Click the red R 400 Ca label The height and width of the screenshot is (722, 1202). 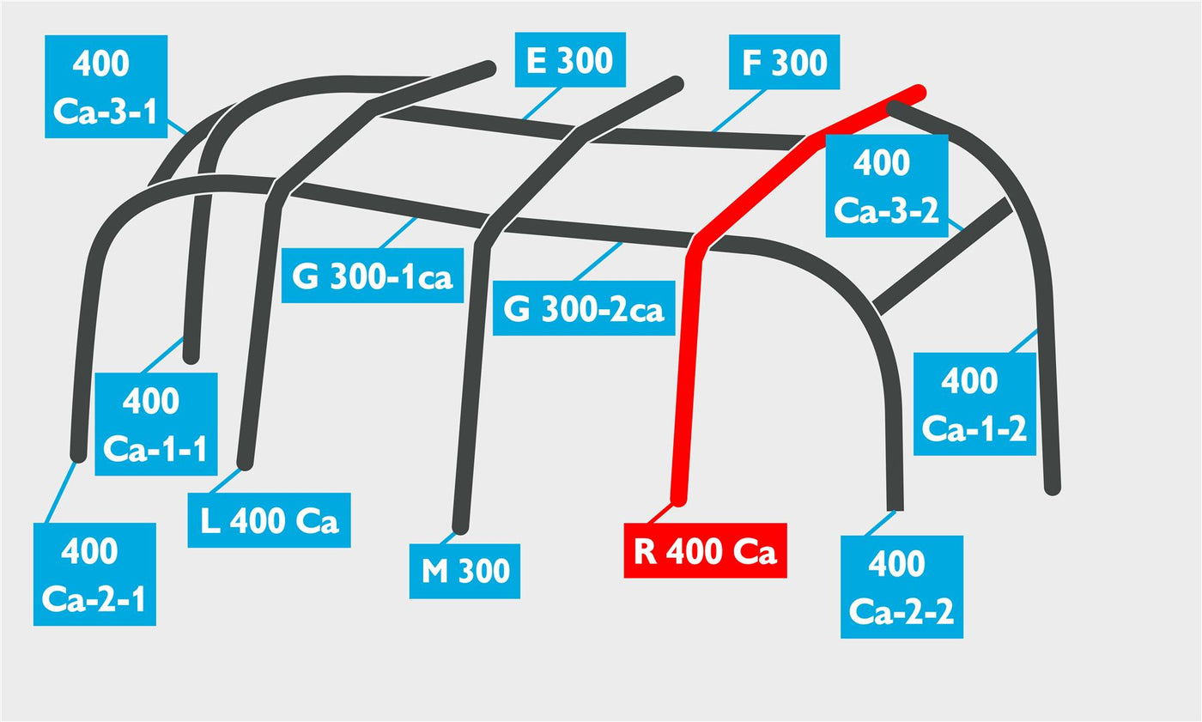coord(705,550)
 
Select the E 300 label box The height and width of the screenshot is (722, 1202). coord(570,59)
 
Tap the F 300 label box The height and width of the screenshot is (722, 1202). coord(784,62)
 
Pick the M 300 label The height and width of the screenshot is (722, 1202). coord(464,571)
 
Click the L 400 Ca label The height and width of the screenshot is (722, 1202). coord(269,520)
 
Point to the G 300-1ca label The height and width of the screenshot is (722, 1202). coord(373,276)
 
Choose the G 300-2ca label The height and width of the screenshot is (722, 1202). coord(584,308)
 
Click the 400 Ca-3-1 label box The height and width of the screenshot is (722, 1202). coord(106,87)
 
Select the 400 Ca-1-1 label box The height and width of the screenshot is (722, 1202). coord(156,424)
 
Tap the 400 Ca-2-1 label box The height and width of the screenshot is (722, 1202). coord(94,574)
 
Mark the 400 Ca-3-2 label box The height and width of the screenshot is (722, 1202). coord(886,185)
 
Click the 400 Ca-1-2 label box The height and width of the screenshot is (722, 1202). coord(974,403)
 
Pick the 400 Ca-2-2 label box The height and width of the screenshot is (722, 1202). coord(901,587)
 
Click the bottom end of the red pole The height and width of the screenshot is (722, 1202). coord(679,500)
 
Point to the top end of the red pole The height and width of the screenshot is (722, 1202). coord(920,92)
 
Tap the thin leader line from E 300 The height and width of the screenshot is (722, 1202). coord(542,104)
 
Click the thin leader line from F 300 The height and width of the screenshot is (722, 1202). coord(738,111)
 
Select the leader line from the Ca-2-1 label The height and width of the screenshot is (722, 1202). coord(61,493)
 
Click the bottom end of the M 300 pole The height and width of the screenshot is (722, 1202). coord(460,527)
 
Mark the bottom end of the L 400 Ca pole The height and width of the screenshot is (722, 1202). coord(245,463)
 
